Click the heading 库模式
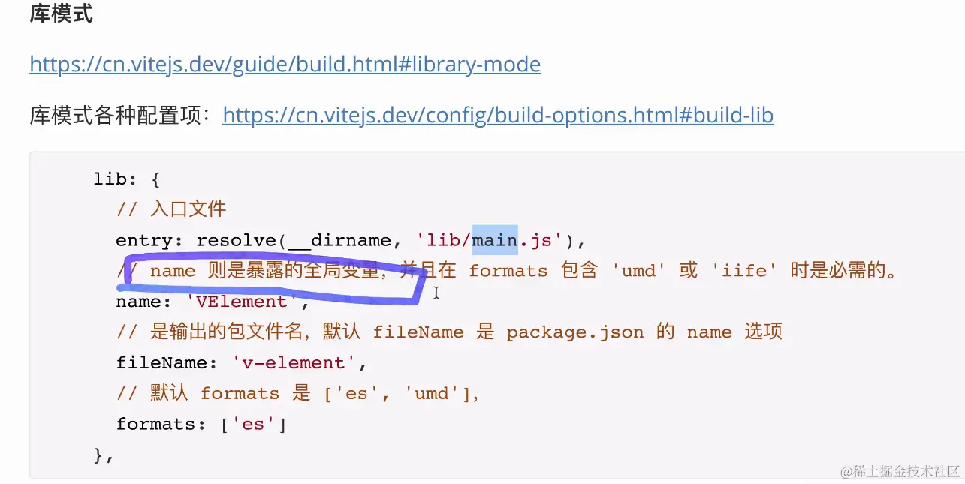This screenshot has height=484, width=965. [x=61, y=14]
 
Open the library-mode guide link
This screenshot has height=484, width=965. [x=285, y=64]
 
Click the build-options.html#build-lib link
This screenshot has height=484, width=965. [x=498, y=115]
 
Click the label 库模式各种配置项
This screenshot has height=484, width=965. [x=120, y=115]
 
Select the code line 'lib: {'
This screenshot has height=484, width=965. [x=127, y=179]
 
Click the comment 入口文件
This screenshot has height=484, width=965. [x=188, y=209]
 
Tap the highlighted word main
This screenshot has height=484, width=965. [x=494, y=240]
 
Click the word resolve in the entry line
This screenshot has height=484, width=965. [x=237, y=240]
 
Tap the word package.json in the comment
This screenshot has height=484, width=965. [x=574, y=332]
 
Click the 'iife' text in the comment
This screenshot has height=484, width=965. [x=740, y=271]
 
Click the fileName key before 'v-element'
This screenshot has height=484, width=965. [x=161, y=363]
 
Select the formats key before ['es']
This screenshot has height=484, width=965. [x=155, y=424]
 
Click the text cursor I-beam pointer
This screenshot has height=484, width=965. [x=436, y=293]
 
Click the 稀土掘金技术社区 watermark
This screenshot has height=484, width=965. [x=900, y=471]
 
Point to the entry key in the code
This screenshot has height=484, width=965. [x=143, y=240]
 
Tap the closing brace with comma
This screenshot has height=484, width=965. [x=103, y=455]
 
